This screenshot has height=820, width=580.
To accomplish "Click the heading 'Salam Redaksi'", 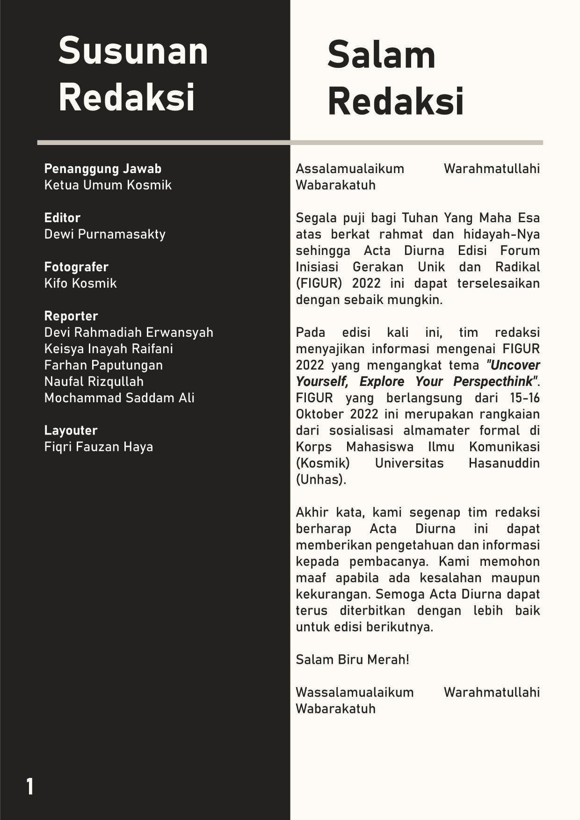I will [395, 78].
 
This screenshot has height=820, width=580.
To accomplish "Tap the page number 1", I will [30, 787].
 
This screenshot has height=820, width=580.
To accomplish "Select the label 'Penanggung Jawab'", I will [102, 168].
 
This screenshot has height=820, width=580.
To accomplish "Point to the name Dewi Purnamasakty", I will [105, 234].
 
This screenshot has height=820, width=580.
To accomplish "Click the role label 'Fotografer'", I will [76, 267].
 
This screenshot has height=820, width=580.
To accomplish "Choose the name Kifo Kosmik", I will [80, 283].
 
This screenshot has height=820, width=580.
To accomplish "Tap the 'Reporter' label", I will [71, 316].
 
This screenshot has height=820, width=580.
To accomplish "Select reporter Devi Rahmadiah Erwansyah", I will [129, 332].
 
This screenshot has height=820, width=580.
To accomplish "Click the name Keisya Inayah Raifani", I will [109, 348].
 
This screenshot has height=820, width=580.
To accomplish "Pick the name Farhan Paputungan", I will [103, 365].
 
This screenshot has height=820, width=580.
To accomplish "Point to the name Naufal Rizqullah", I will [94, 381].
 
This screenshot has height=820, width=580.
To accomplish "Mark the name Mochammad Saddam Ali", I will [119, 398].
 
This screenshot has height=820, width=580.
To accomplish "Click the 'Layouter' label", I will [71, 430].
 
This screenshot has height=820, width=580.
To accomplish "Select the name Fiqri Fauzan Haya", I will [99, 447].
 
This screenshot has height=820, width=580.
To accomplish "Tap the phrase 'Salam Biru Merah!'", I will [352, 660].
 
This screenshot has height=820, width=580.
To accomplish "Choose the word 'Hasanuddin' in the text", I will [504, 463].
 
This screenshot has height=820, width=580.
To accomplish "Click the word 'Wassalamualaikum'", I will [355, 692].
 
